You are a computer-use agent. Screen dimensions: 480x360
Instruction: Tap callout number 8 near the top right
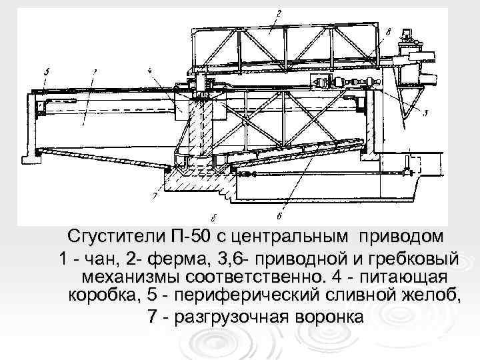point(388,30)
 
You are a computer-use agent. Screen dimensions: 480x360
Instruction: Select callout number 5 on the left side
point(43,69)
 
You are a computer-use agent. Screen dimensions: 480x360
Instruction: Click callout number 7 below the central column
point(154,196)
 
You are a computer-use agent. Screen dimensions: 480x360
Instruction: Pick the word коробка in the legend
point(97,295)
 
